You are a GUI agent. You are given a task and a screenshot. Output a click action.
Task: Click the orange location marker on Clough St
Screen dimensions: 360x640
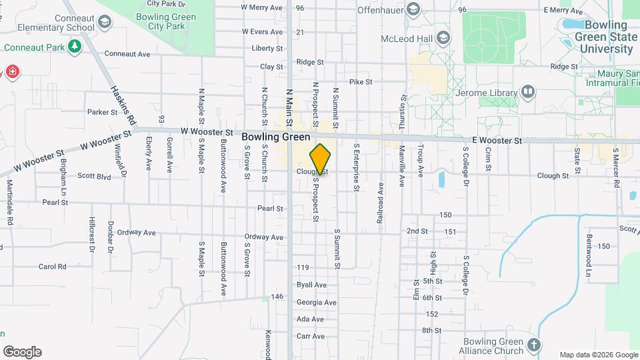click(320, 159)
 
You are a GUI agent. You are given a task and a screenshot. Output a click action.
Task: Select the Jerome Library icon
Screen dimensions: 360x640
click(528, 91)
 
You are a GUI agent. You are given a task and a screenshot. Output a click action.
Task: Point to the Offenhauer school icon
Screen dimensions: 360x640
click(413, 9)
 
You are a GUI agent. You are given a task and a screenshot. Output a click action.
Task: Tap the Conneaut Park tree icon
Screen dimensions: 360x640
click(75, 46)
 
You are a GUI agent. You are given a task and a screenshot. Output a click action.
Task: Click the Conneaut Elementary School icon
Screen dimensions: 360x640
click(104, 22)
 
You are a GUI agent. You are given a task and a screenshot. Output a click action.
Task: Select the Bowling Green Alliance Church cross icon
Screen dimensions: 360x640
click(533, 345)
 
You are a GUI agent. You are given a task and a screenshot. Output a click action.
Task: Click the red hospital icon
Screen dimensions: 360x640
click(11, 71)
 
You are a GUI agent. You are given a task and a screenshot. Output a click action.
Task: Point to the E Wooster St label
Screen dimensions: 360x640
click(497, 141)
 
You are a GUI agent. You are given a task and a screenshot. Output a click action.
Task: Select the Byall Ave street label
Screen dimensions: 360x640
click(311, 285)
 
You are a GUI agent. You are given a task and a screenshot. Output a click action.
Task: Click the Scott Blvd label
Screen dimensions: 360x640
click(94, 177)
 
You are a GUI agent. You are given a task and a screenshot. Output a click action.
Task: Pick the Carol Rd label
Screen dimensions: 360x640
click(53, 267)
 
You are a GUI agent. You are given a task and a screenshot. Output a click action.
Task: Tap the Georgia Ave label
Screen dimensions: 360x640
click(316, 302)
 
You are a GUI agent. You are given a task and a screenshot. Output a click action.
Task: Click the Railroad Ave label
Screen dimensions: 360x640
click(380, 197)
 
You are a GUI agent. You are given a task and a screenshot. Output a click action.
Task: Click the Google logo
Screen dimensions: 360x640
click(22, 352)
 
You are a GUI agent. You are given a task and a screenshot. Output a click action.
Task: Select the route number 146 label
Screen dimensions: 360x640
click(278, 297)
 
